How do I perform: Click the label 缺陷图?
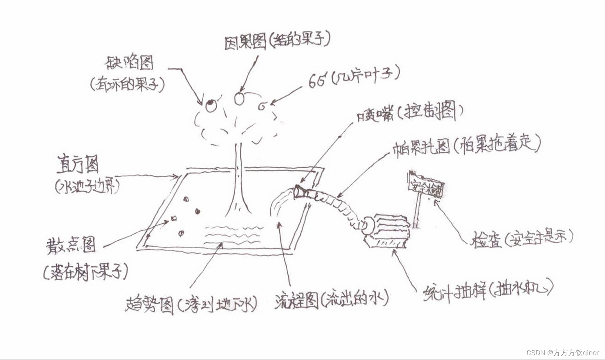coord(130,63)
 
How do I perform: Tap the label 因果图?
coord(245,42)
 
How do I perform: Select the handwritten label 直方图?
coord(78,164)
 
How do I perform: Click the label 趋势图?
coord(150,305)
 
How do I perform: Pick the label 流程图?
coord(297,301)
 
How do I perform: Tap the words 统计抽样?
coord(454,292)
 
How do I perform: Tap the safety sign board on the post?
coord(426,188)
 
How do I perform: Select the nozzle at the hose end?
coord(301,192)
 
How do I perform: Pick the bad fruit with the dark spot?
coord(211,106)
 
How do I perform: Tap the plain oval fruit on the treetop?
coord(239,99)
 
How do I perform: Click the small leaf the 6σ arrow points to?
coord(262,107)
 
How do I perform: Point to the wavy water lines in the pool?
coord(233,233)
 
